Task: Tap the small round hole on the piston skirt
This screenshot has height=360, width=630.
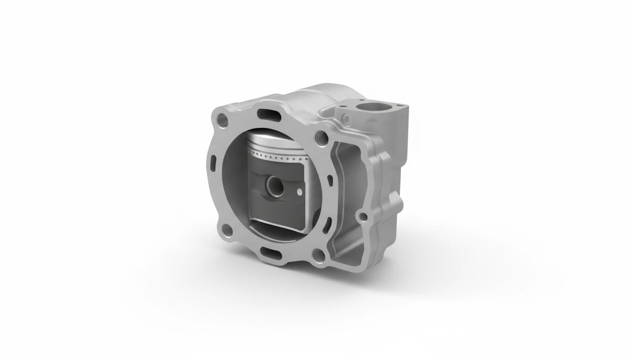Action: click(x=299, y=191)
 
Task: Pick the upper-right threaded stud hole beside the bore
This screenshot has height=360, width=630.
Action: click(x=321, y=137)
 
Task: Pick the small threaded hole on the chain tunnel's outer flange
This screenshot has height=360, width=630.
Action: click(x=362, y=217)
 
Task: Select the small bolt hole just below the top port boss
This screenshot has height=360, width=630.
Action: click(x=346, y=117)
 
